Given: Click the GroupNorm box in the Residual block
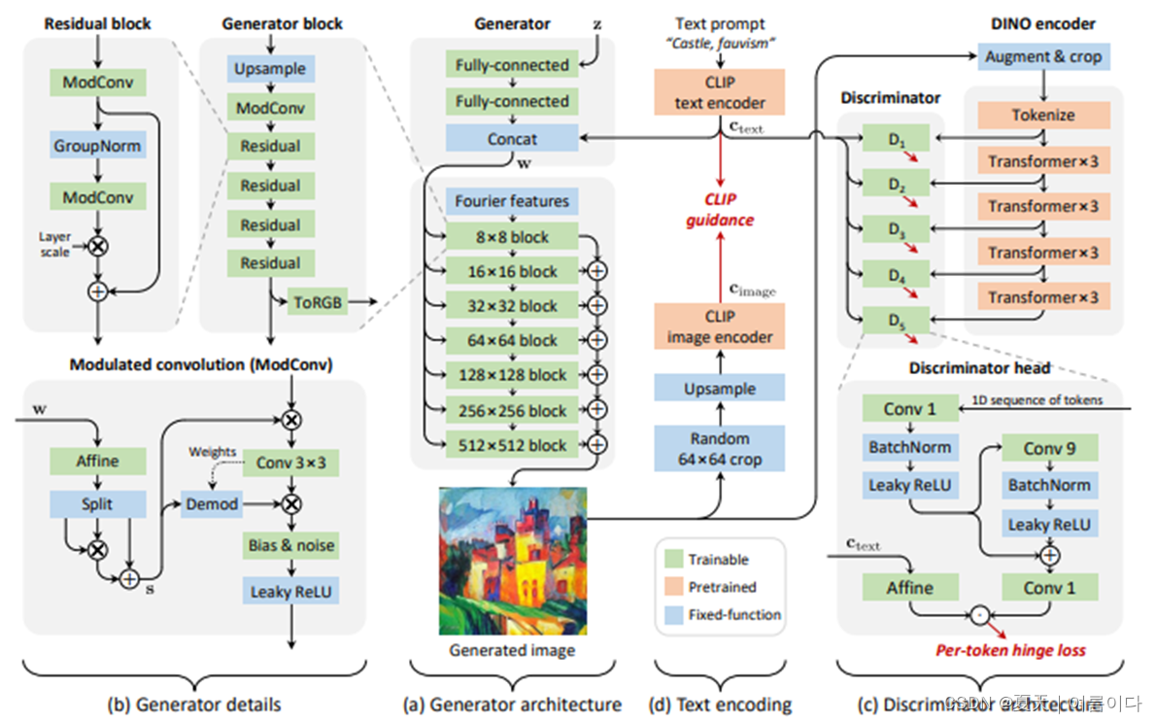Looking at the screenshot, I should (96, 147).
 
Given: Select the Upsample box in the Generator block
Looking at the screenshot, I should (270, 69).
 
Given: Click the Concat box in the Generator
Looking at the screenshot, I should (511, 139).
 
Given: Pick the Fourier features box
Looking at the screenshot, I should (511, 201).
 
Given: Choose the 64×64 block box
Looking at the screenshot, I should (511, 340).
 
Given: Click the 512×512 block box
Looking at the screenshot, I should (511, 445).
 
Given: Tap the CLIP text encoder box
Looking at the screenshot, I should (720, 91).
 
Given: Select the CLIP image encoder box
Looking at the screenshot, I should (720, 327).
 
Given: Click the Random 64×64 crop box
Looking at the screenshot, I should (720, 447).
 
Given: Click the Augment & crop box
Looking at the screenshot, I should (1043, 56).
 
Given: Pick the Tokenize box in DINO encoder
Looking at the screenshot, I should (1043, 115).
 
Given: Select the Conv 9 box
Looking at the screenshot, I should (1048, 448).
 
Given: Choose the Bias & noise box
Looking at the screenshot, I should (290, 545).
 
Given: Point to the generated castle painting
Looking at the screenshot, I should (512, 558).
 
